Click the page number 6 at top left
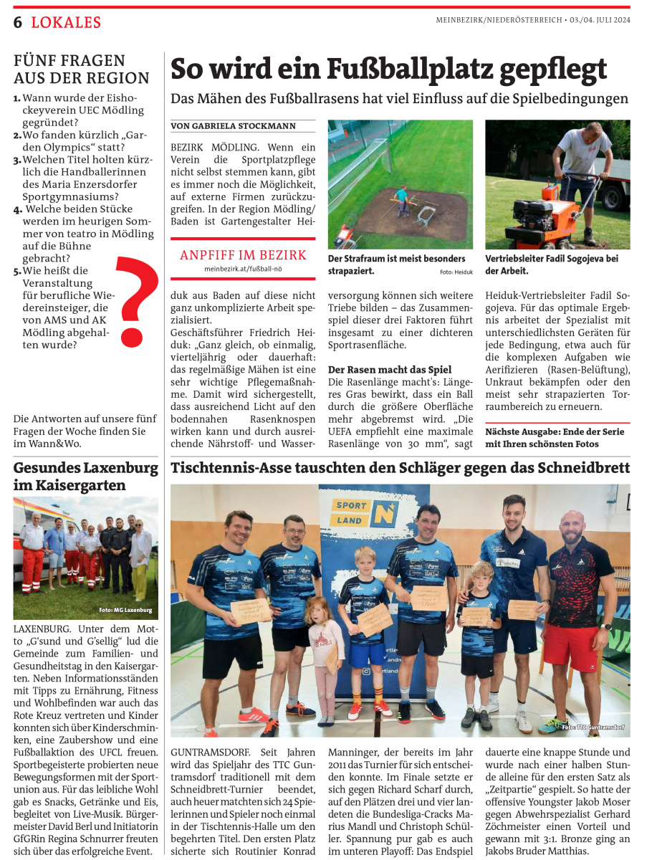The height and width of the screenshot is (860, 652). click(18, 22)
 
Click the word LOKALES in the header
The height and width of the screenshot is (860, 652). click(66, 22)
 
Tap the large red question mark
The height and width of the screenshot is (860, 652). click(133, 300)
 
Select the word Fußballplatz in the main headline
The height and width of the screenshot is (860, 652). click(403, 69)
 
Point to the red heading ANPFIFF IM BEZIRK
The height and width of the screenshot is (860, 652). click(243, 255)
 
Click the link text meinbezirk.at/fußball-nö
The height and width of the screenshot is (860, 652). click(243, 269)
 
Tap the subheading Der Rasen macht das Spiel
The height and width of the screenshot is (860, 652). click(389, 370)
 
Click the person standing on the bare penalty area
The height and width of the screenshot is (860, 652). click(401, 199)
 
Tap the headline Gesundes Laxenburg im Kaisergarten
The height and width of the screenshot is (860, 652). click(85, 477)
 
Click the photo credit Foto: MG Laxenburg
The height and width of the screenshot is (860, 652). click(125, 610)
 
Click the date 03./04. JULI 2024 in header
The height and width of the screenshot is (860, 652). click(602, 20)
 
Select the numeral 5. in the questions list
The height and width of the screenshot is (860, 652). click(17, 271)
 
